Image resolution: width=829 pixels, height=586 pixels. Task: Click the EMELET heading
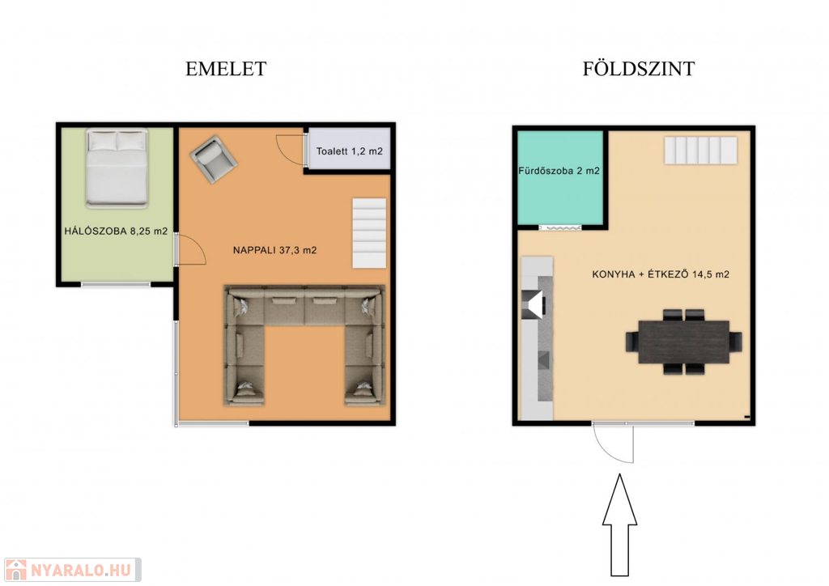(x=226, y=69)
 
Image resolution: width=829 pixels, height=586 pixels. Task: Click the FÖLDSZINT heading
(x=639, y=69)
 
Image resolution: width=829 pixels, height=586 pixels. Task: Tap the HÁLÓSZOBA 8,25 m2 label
(x=116, y=231)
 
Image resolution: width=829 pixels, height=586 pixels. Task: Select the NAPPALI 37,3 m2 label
(x=275, y=250)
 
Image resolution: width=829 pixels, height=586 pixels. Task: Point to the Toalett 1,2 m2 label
(x=350, y=151)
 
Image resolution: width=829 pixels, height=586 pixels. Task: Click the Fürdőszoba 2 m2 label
(x=559, y=171)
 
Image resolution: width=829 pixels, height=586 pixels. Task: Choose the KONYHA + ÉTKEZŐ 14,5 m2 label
(x=661, y=274)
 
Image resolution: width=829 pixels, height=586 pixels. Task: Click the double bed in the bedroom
(x=117, y=168)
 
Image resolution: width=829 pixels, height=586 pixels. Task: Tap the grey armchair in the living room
(x=214, y=159)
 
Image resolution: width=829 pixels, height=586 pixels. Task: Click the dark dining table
(x=683, y=342)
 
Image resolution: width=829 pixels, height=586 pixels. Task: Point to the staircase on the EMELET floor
(x=369, y=233)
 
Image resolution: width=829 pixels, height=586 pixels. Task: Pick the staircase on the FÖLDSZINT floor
(x=701, y=150)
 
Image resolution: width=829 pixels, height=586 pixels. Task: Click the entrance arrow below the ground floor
(x=619, y=524)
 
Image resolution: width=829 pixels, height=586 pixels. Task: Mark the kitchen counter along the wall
(x=538, y=338)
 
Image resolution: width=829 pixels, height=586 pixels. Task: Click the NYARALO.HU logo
(x=72, y=570)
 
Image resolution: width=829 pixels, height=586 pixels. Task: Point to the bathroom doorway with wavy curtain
(x=560, y=227)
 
